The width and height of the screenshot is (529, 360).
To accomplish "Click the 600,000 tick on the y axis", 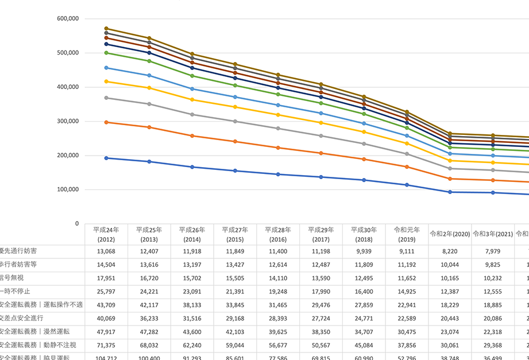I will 68,18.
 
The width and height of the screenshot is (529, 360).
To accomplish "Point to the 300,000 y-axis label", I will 68,121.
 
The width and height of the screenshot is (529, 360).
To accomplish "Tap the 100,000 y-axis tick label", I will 68,189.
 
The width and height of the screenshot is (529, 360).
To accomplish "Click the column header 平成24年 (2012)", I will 106,234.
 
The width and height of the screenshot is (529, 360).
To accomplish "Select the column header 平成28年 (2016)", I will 278,234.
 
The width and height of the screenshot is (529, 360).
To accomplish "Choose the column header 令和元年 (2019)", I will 407,234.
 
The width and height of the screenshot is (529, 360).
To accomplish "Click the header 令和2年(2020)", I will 450,234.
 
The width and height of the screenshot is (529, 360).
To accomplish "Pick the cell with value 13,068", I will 106,251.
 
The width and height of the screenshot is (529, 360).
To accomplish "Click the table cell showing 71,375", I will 106,344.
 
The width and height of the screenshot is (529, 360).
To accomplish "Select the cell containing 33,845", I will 235,304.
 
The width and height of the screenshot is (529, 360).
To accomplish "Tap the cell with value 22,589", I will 407,318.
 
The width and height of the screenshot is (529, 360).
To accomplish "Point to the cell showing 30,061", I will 450,344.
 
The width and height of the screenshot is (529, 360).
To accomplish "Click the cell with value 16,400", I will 364,291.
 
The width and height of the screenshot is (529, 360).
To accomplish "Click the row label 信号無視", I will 13,278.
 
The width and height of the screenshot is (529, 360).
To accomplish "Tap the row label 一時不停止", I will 16,291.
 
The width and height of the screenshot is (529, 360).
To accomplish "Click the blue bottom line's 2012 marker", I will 106,158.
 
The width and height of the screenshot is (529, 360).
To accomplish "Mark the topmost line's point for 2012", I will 106,28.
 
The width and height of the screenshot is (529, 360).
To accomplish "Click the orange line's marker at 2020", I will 450,179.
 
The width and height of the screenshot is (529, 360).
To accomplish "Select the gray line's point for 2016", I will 278,128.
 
